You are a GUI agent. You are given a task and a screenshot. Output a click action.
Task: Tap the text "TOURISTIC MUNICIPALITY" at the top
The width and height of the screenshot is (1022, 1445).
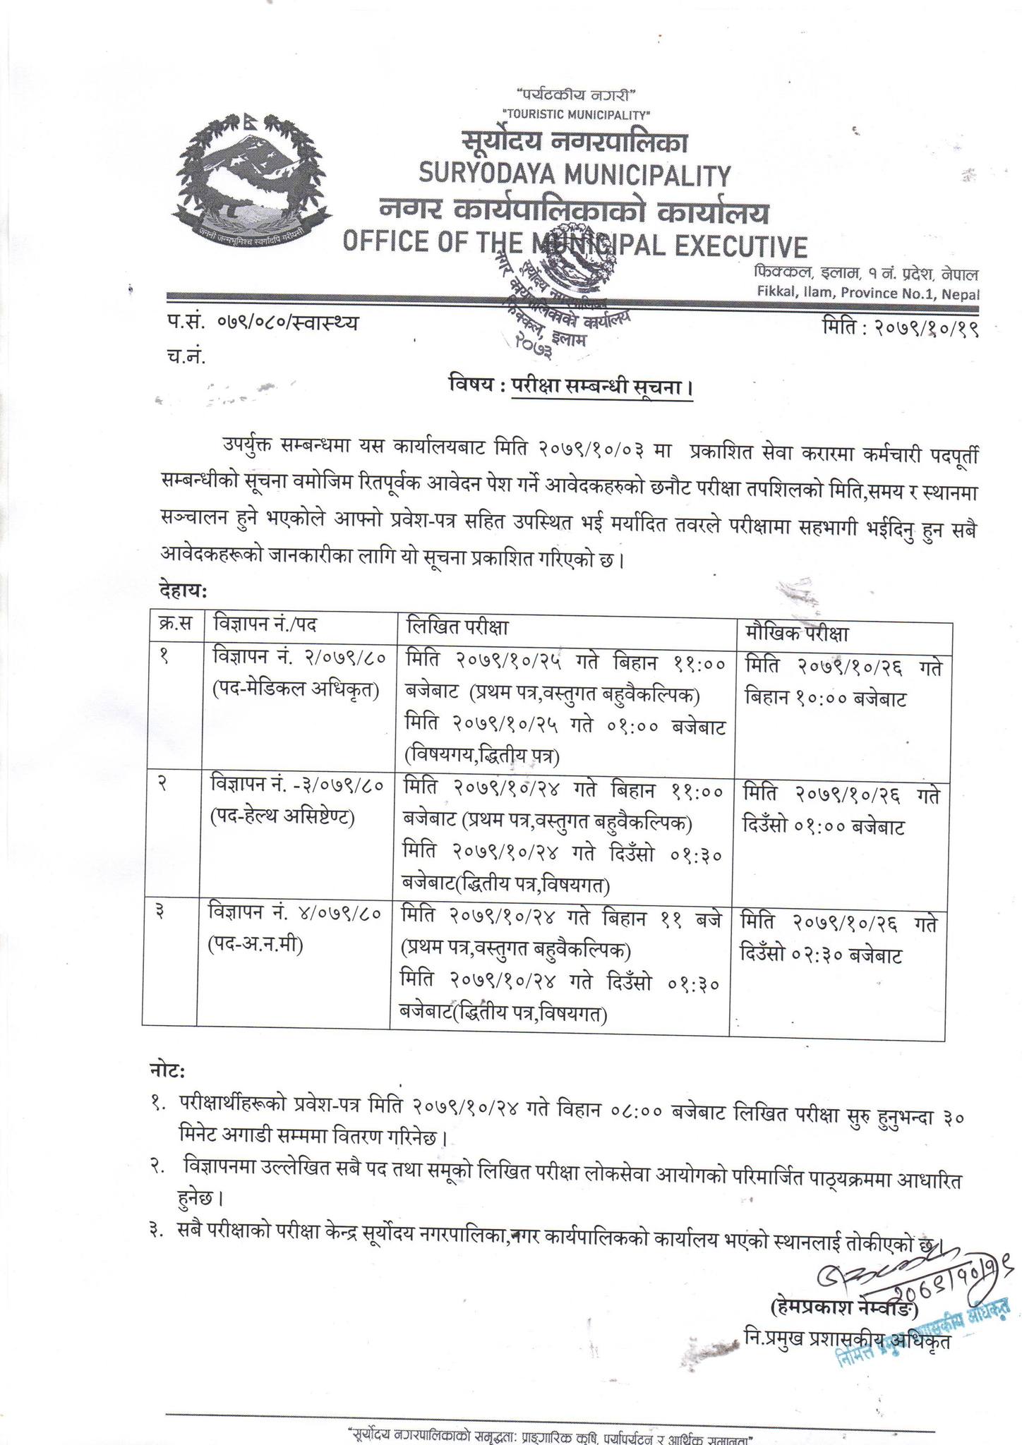pyautogui.click(x=575, y=114)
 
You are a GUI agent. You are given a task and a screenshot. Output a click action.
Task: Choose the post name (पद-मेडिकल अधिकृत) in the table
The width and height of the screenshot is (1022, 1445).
pyautogui.click(x=296, y=692)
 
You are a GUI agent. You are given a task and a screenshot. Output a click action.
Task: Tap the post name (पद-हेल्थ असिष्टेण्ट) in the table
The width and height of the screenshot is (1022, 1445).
pyautogui.click(x=282, y=818)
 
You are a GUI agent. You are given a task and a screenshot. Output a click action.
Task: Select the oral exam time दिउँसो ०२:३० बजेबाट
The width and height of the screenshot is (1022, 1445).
pyautogui.click(x=822, y=956)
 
